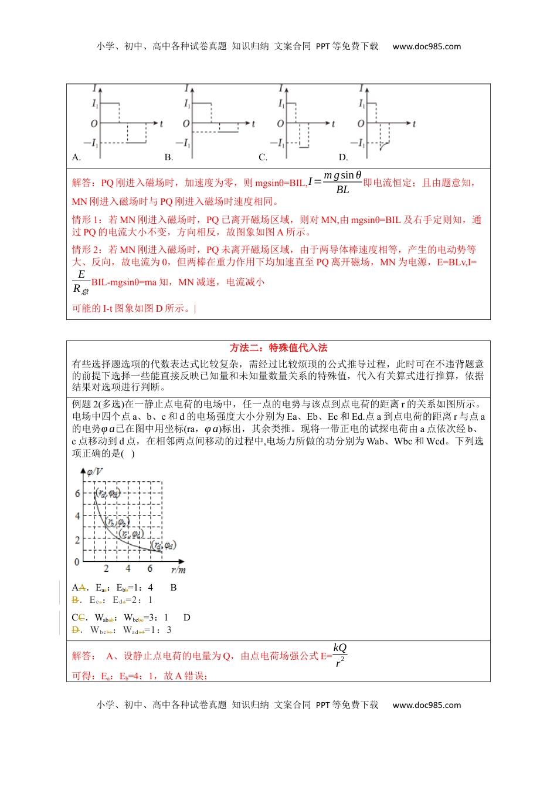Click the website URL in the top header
pos(426,46)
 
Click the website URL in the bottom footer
pos(426,705)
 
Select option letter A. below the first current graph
pos(76,157)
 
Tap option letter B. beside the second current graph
pos(169,157)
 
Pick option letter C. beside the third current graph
pos(263,157)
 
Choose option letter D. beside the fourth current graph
pos(344,157)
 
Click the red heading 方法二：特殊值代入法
pos(278,348)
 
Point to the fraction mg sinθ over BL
pos(342,183)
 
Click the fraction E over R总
pos(81,282)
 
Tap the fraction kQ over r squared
pos(339,655)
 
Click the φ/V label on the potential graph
pos(94,471)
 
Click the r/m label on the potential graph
pos(178,569)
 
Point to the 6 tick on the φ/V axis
pos(77,493)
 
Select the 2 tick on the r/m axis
pos(106,568)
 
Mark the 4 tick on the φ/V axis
pos(77,516)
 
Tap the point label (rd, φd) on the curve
pos(164,545)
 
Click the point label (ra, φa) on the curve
pos(108,493)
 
